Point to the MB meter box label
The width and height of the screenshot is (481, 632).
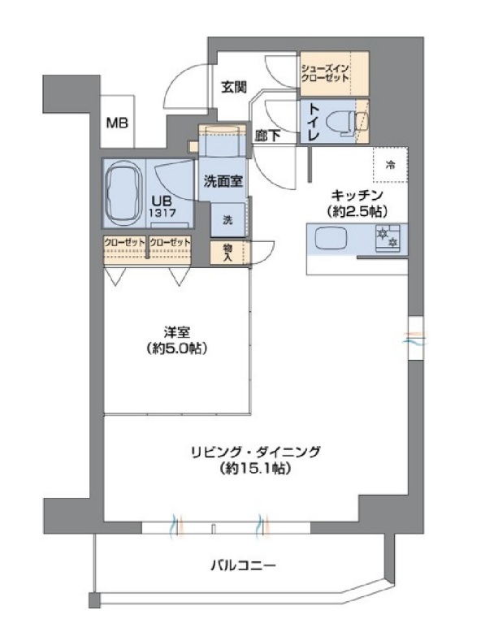tap(119, 123)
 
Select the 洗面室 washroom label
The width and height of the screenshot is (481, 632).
tap(222, 181)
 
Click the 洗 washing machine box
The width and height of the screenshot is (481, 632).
tap(228, 219)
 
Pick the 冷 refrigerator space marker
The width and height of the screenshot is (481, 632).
tap(390, 165)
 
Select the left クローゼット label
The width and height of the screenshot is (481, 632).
tap(124, 243)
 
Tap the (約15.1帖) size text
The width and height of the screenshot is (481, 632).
tap(255, 469)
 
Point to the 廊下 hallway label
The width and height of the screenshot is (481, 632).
tap(267, 137)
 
